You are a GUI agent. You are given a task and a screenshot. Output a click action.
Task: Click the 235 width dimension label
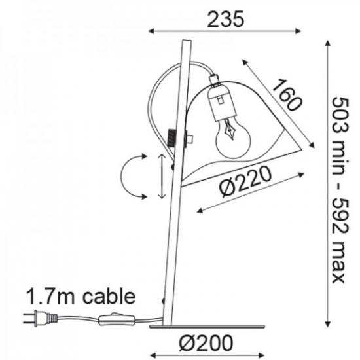tap(225, 19)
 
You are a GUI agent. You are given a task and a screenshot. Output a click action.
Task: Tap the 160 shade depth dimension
tap(287, 95)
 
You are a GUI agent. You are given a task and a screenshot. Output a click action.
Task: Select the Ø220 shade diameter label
tap(245, 182)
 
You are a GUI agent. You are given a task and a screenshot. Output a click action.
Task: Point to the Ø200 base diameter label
tap(206, 344)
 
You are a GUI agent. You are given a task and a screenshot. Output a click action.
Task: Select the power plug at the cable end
tap(40, 318)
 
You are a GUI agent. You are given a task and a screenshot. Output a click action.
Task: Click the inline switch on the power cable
tap(117, 319)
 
